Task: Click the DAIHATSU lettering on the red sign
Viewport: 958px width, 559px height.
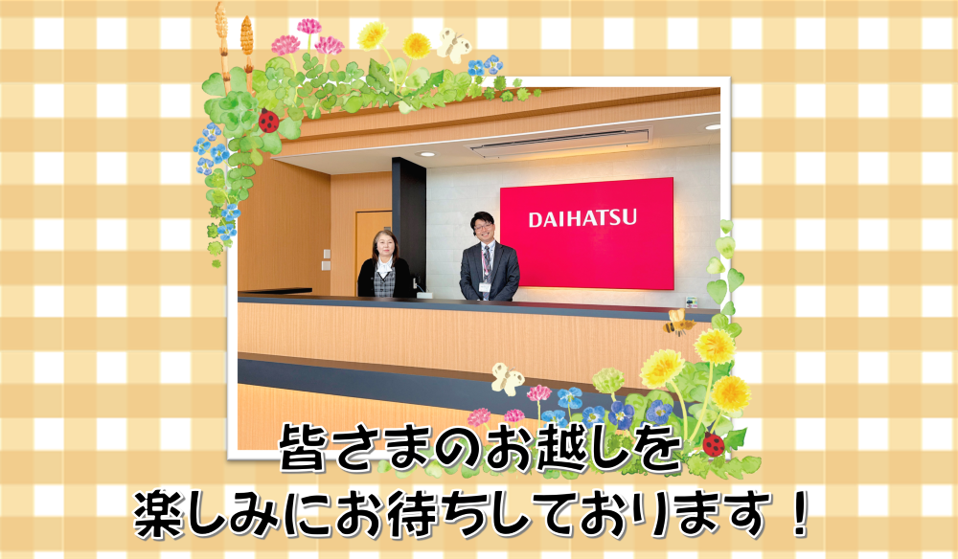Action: (x=582, y=218)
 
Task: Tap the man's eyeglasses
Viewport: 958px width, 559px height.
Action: (x=483, y=226)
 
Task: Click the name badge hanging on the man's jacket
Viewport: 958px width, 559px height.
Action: (x=485, y=287)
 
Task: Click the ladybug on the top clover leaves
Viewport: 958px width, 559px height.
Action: (x=269, y=121)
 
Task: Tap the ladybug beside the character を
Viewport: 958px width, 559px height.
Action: (x=713, y=444)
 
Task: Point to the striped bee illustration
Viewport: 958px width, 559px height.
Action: (x=677, y=322)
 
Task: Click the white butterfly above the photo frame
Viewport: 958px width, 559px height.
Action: (x=454, y=45)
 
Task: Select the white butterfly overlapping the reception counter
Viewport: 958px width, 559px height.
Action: (x=508, y=378)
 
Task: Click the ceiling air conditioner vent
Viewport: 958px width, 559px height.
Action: (x=559, y=143)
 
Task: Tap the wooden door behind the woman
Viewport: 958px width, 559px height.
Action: (x=372, y=247)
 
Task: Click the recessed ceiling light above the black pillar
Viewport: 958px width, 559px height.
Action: (x=426, y=154)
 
